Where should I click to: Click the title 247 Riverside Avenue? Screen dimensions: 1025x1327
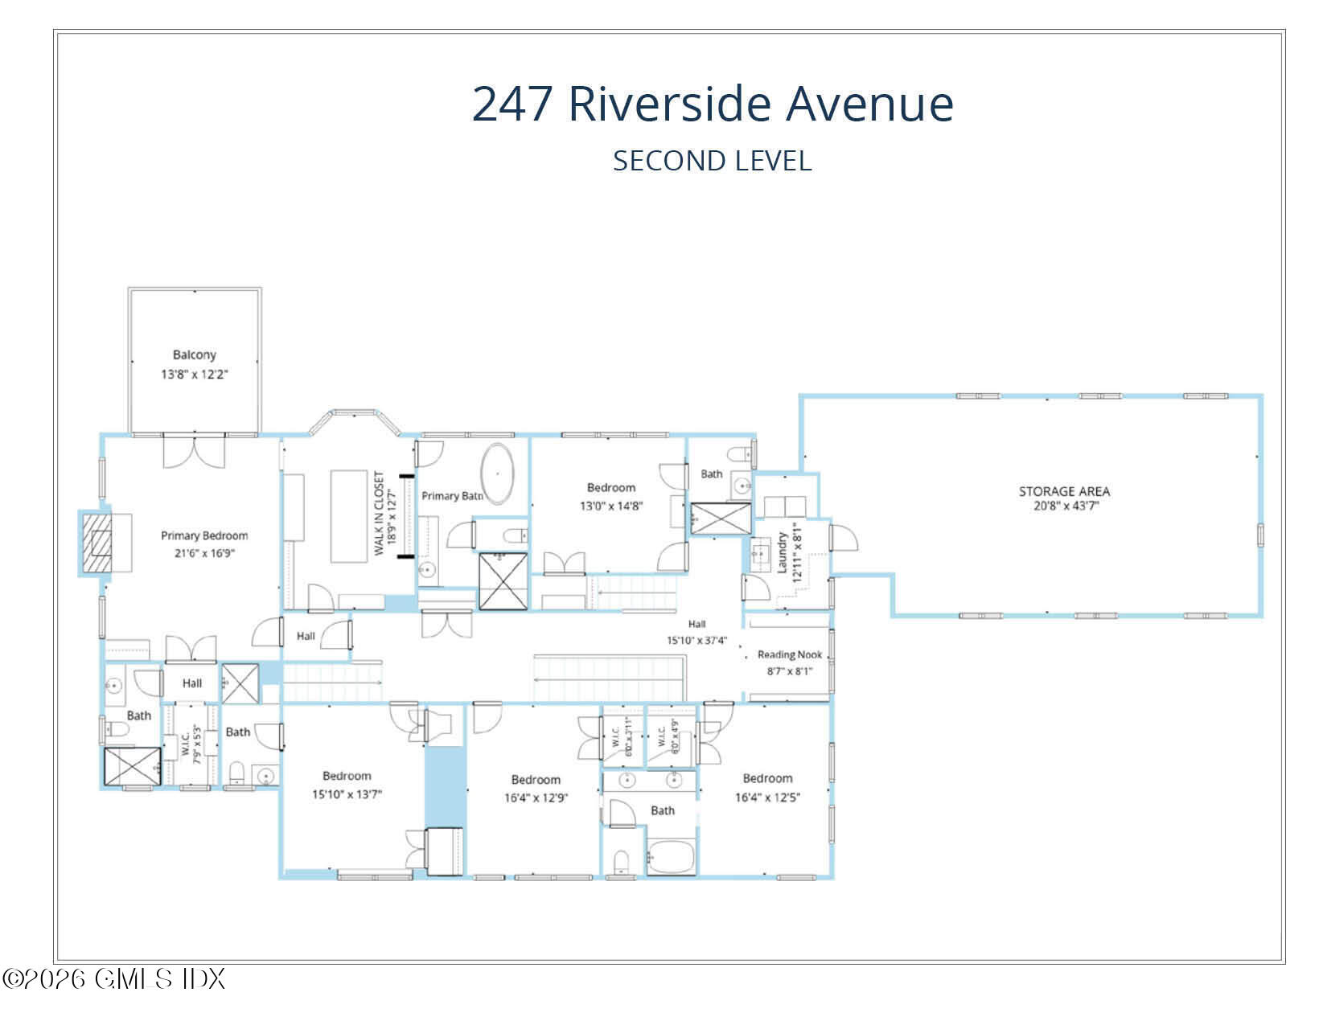713,104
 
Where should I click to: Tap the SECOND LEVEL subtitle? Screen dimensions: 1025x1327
713,161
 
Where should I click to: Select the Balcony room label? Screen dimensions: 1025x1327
195,355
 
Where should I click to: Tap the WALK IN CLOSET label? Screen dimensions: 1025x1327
380,515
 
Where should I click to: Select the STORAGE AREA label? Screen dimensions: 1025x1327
1064,491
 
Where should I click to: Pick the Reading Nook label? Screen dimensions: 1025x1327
789,654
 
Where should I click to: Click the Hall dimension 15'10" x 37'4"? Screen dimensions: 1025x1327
696,641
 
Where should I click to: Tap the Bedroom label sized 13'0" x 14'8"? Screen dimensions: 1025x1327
610,488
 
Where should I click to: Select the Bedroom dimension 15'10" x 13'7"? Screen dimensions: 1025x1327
347,794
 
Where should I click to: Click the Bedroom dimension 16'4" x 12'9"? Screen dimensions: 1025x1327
536,798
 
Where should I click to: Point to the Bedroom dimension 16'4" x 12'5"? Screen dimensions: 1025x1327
767,797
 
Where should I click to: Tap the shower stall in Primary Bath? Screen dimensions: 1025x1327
503,581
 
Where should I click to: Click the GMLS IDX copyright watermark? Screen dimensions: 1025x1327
114,978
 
